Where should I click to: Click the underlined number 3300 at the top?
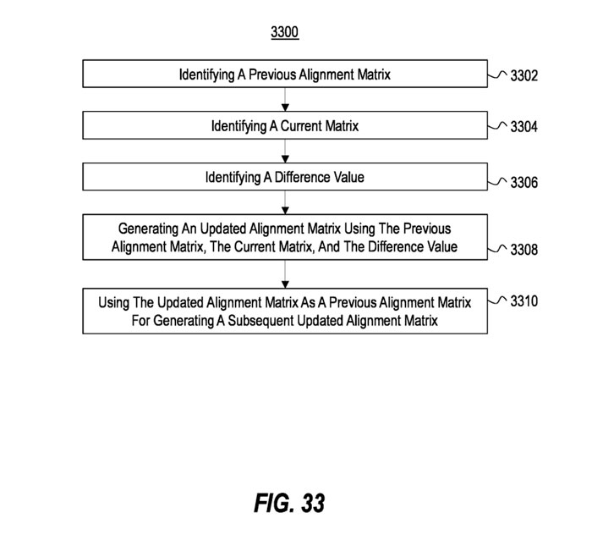click(285, 34)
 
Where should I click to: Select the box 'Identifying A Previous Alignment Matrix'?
click(285, 74)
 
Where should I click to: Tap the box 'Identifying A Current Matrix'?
click(285, 126)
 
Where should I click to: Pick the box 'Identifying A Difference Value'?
click(285, 178)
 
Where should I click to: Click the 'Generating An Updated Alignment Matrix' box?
click(285, 237)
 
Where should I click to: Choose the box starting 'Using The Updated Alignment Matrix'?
click(285, 312)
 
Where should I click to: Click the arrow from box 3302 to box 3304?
click(286, 100)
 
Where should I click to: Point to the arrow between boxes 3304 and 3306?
click(286, 152)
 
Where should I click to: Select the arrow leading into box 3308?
click(286, 203)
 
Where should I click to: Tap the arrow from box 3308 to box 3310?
click(286, 273)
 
